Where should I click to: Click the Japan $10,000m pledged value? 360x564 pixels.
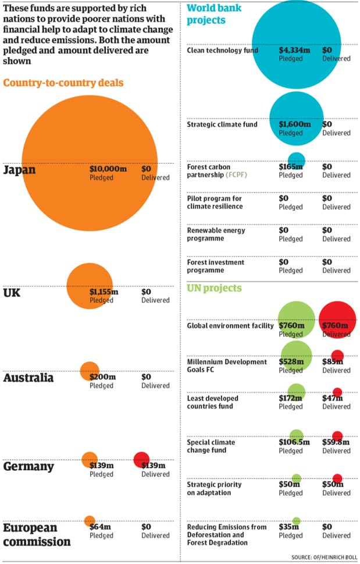(108, 169)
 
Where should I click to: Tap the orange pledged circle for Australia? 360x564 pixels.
(90, 370)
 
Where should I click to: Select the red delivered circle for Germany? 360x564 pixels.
(141, 459)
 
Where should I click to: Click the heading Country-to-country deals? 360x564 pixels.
(63, 83)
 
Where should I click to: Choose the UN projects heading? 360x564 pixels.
(214, 288)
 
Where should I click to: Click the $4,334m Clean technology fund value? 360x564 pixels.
(294, 50)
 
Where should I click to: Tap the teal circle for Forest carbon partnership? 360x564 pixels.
(297, 159)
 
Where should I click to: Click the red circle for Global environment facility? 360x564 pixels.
(337, 320)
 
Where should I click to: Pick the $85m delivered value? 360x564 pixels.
(332, 361)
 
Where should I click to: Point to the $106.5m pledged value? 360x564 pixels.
(294, 442)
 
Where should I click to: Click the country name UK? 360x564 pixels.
(12, 292)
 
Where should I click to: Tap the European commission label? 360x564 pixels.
(37, 534)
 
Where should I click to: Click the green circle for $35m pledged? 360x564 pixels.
(297, 521)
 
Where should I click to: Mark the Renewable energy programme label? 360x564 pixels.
(216, 234)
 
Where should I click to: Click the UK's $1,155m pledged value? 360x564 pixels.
(104, 292)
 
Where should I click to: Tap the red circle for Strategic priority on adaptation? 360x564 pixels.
(337, 478)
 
